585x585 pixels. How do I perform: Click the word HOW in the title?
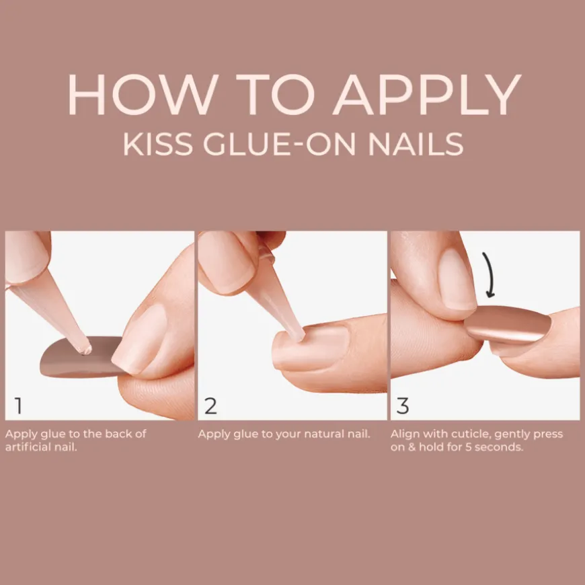click(143, 94)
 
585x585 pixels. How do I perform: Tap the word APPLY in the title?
click(427, 94)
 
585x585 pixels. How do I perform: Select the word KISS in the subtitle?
click(158, 144)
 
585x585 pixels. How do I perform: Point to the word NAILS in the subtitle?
click(416, 144)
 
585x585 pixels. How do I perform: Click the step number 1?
click(18, 405)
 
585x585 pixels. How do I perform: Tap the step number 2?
click(210, 405)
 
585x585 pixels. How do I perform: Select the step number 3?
click(403, 405)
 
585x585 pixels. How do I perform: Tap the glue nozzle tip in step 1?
click(86, 350)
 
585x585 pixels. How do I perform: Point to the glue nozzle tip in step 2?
click(299, 336)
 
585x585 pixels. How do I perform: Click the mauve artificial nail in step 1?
click(80, 358)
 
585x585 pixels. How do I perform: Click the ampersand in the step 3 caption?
click(412, 447)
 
